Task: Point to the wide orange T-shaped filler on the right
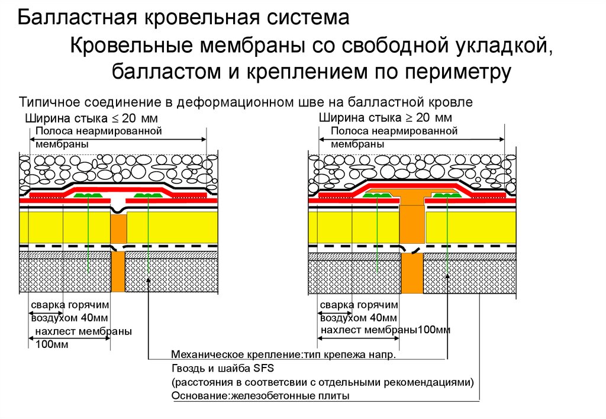pyautogui.click(x=413, y=207)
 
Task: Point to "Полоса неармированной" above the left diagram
pyautogui.click(x=99, y=132)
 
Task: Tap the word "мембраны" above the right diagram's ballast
pyautogui.click(x=357, y=144)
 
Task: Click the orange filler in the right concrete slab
pyautogui.click(x=412, y=274)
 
